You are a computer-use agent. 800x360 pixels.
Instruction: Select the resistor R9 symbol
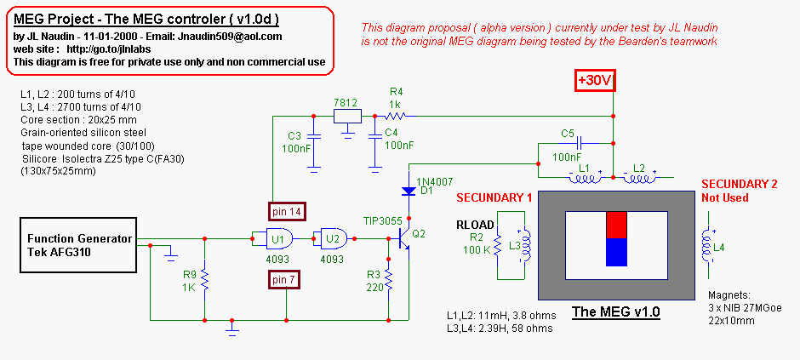coord(205,278)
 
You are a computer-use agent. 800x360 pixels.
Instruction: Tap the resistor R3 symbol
coord(389,278)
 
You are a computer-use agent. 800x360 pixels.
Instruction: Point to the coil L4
coord(706,247)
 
